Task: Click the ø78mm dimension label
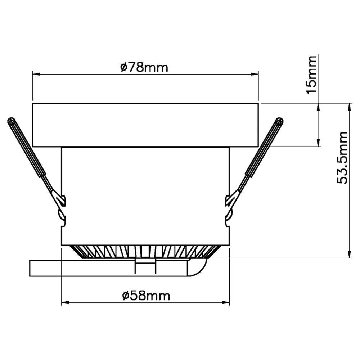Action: pyautogui.click(x=144, y=67)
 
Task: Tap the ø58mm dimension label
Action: pyautogui.click(x=146, y=296)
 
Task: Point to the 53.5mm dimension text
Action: pyautogui.click(x=343, y=158)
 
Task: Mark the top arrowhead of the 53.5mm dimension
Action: pyautogui.click(x=349, y=107)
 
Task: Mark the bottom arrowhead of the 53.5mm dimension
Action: pyautogui.click(x=349, y=255)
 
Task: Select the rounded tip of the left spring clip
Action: pyautogui.click(x=11, y=121)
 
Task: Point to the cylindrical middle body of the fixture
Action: pyautogui.click(x=145, y=194)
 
